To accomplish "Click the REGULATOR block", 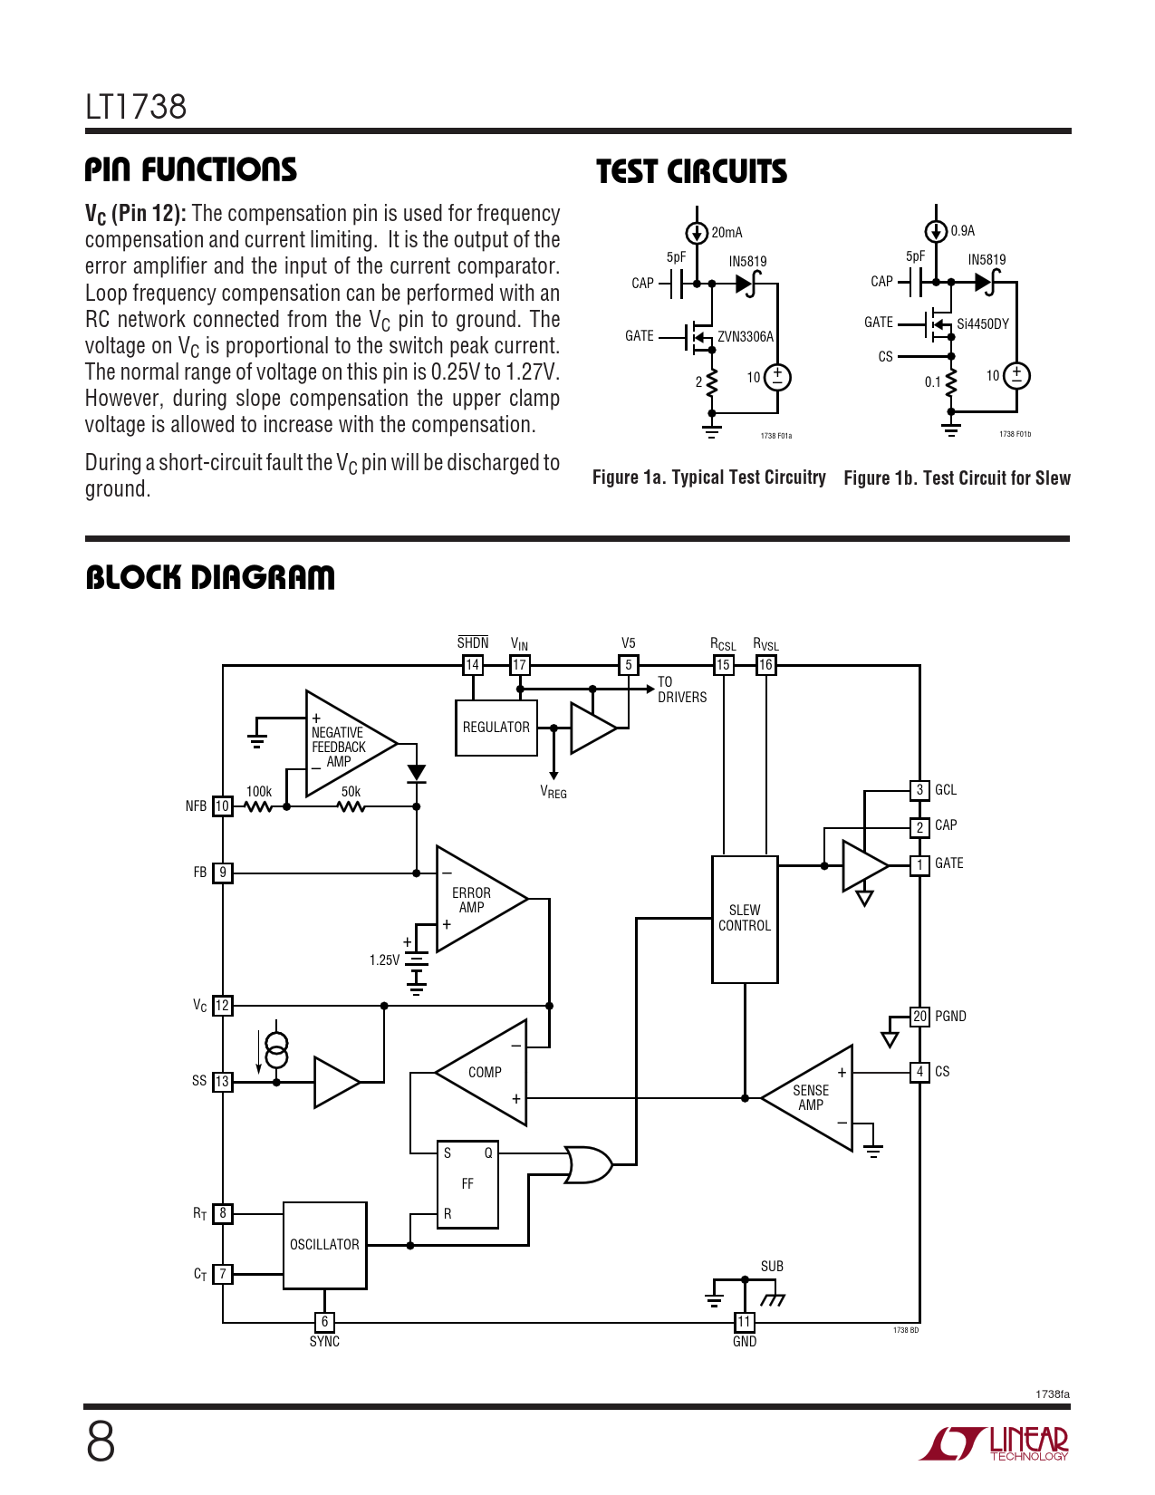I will [x=496, y=728].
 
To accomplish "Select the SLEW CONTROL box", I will [x=745, y=919].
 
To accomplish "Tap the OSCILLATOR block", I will [x=324, y=1245].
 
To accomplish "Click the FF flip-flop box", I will [x=467, y=1184].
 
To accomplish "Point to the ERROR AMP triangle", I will [x=476, y=900].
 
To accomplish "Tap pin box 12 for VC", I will [x=223, y=1006].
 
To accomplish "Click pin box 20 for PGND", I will [x=919, y=1017].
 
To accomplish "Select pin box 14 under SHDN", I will [x=472, y=665].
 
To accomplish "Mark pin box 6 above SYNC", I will [x=324, y=1322].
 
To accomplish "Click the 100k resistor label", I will [x=259, y=792].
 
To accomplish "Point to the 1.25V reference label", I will [x=384, y=960].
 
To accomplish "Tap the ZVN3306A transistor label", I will [x=746, y=337].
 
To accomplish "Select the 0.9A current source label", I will [x=963, y=231].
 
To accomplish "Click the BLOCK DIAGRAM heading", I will [x=210, y=577].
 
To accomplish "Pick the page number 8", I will [x=101, y=1442].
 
